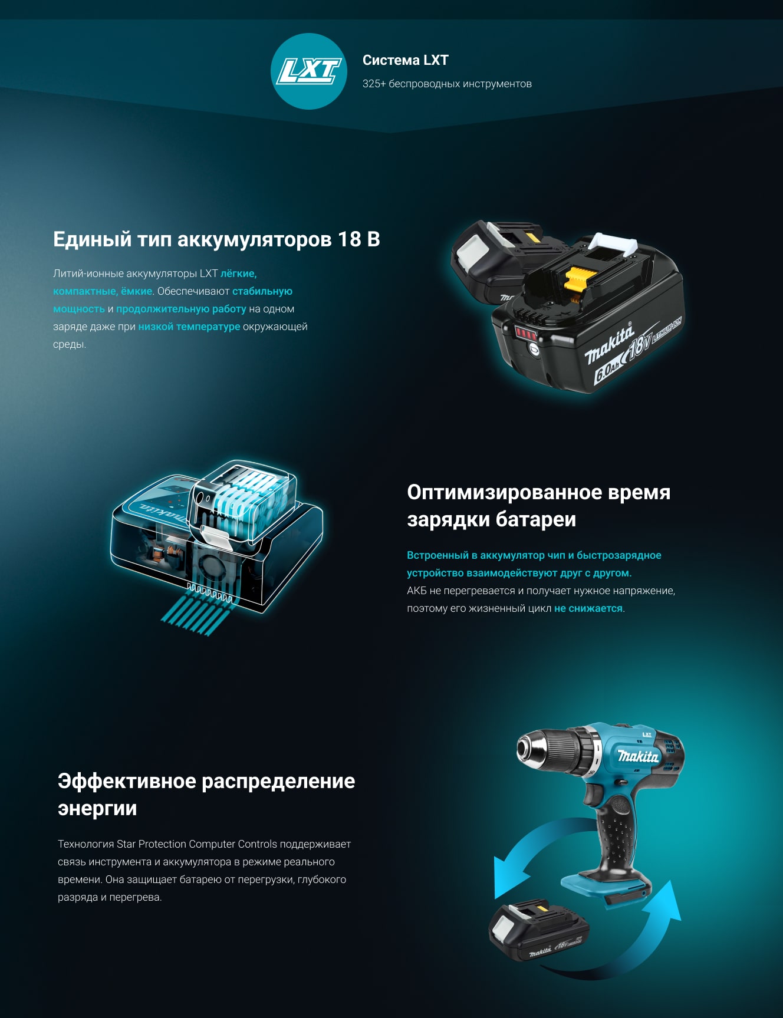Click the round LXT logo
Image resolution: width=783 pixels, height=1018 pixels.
(x=309, y=71)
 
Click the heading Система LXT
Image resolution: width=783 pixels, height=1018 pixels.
(x=406, y=60)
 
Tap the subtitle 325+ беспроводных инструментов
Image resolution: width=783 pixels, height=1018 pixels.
(x=447, y=84)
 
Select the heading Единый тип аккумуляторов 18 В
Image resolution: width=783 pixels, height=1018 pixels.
(x=216, y=239)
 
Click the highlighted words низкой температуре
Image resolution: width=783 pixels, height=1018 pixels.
(x=189, y=327)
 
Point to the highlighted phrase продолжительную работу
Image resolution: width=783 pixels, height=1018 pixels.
(x=181, y=309)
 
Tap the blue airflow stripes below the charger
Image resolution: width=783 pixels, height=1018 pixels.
(x=195, y=613)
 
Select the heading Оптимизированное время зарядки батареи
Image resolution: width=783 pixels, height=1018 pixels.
(x=539, y=506)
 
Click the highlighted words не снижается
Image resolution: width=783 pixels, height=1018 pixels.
(x=588, y=608)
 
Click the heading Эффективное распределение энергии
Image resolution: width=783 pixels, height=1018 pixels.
(x=206, y=795)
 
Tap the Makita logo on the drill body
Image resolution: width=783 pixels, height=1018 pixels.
(x=638, y=756)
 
